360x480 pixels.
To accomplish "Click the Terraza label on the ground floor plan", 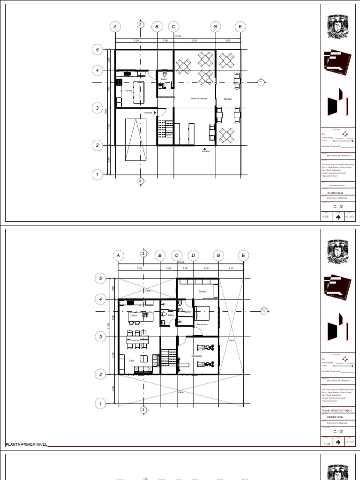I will click(227, 99).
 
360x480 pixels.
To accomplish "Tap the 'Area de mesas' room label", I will click(199, 98).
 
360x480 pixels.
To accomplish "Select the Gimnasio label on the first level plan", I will click(196, 356).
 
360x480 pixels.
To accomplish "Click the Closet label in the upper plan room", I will click(202, 291).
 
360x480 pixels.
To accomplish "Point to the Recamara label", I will click(202, 324).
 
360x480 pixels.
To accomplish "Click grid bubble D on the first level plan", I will click(193, 255).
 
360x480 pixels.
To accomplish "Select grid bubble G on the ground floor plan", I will click(215, 27).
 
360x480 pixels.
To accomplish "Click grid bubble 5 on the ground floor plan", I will click(97, 49).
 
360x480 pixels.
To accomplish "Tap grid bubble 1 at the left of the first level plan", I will click(99, 403).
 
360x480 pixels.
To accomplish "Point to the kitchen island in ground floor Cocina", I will click(139, 92).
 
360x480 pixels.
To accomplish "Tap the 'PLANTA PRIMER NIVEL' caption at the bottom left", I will click(26, 444).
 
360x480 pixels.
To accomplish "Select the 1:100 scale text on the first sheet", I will click(325, 217).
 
